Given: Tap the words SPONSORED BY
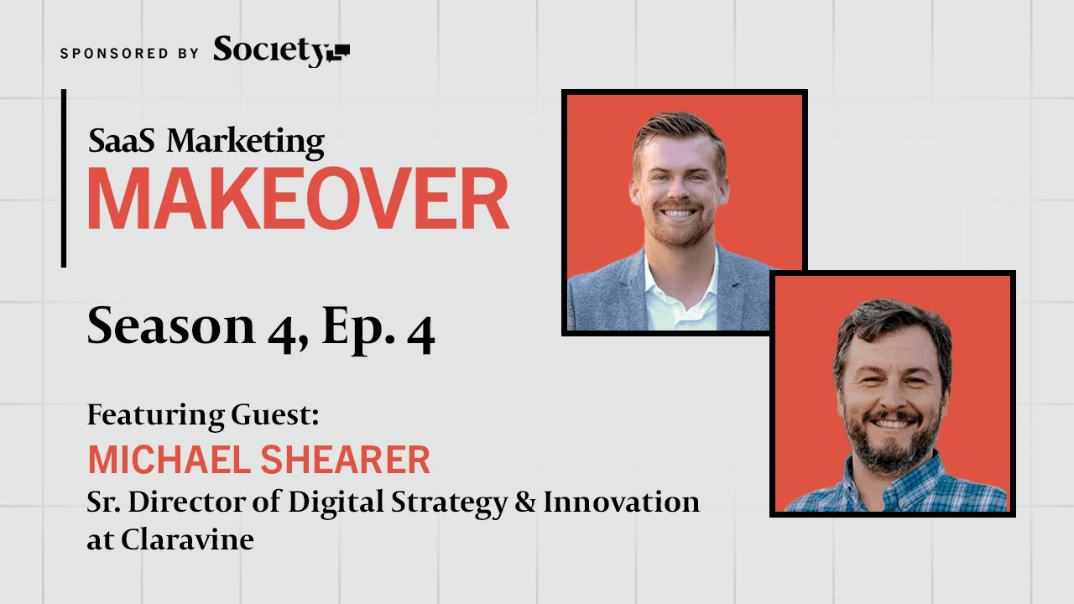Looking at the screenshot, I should pyautogui.click(x=129, y=53).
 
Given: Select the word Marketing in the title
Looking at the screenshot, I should pyautogui.click(x=245, y=143).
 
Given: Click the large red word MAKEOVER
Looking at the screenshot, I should pyautogui.click(x=298, y=200).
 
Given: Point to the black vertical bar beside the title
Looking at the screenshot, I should pyautogui.click(x=64, y=178).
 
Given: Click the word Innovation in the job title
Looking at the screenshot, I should pyautogui.click(x=621, y=502).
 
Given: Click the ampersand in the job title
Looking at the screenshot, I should pyautogui.click(x=523, y=502).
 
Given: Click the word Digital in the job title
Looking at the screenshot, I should pyautogui.click(x=326, y=503).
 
